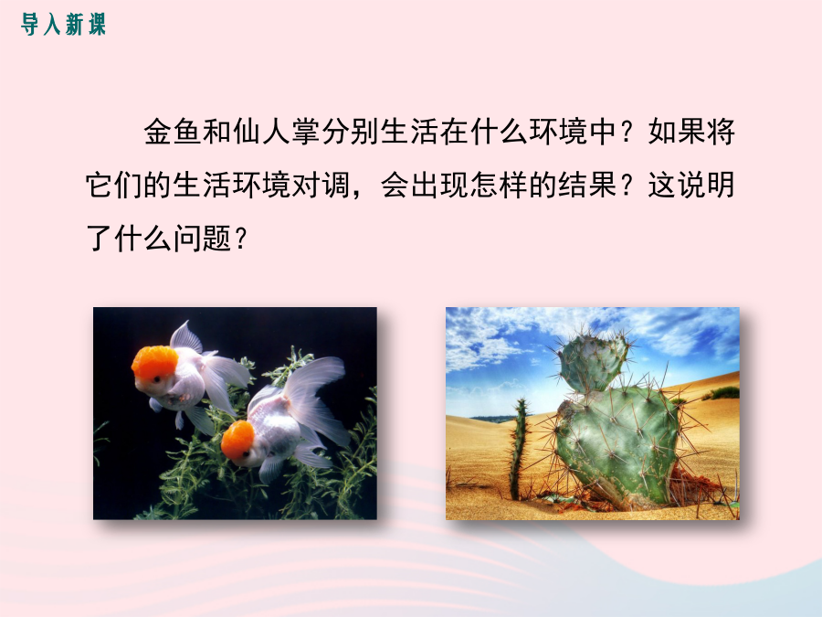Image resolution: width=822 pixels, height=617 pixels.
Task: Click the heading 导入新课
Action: point(63,25)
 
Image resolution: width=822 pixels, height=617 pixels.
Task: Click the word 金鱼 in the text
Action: point(173,132)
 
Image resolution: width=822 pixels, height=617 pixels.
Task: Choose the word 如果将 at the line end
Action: point(691,132)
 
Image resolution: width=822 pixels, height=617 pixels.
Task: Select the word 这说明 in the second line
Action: point(691,186)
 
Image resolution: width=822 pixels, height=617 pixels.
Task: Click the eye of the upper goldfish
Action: point(156,378)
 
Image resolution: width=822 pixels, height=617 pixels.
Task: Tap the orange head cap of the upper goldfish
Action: point(154,363)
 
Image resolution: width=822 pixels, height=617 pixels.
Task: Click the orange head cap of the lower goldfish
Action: point(237,440)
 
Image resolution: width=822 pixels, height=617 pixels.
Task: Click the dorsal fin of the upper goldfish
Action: point(186,336)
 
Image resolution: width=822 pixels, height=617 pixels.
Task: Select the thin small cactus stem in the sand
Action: point(519,449)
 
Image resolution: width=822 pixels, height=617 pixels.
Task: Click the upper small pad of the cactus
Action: point(594,363)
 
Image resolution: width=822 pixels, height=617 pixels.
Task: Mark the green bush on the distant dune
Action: point(722,393)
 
